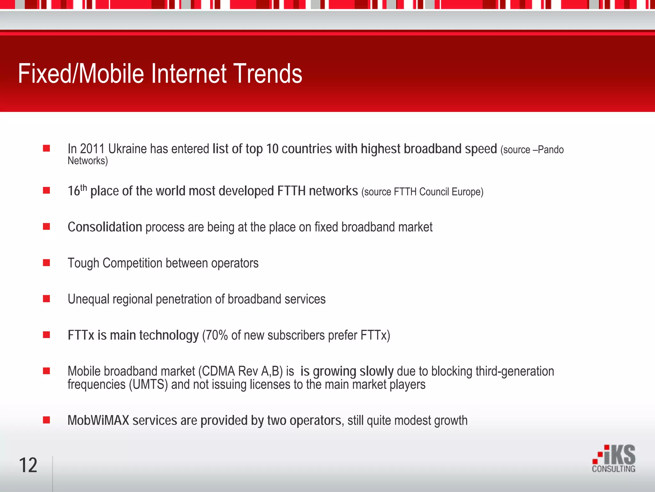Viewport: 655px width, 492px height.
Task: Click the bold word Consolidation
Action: pos(105,227)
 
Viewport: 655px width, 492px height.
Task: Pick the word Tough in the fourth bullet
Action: pos(83,263)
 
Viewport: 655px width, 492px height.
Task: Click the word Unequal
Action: pos(88,299)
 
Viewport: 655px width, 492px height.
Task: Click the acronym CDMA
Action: pos(218,371)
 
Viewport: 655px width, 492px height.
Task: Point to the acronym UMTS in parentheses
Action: pos(148,384)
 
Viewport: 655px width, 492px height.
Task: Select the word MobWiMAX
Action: pos(98,420)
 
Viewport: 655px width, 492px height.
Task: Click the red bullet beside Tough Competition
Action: pos(46,263)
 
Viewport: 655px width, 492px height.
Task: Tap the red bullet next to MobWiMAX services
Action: pos(46,420)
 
